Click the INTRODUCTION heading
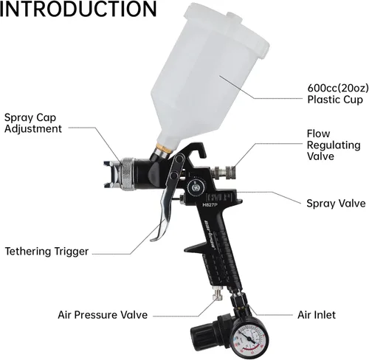pyautogui.click(x=78, y=9)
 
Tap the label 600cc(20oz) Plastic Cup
pyautogui.click(x=338, y=94)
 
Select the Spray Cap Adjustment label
pyautogui.click(x=33, y=123)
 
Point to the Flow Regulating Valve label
pyautogui.click(x=334, y=145)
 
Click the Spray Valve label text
pyautogui.click(x=336, y=204)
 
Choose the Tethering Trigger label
pyautogui.click(x=46, y=252)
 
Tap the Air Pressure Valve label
pyautogui.click(x=103, y=315)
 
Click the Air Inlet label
pyautogui.click(x=317, y=315)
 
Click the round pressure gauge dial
pyautogui.click(x=249, y=340)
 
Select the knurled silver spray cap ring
pyautogui.click(x=127, y=174)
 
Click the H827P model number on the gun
pyautogui.click(x=210, y=204)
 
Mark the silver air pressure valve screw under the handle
pyautogui.click(x=218, y=294)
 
